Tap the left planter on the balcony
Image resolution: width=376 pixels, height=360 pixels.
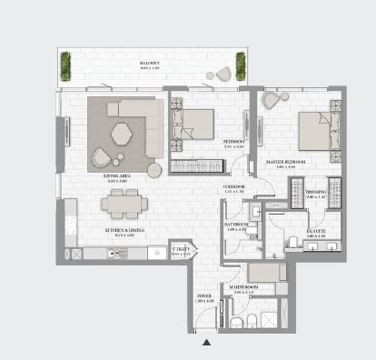[x=65, y=65]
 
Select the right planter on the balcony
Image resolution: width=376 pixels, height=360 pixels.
[x=241, y=65]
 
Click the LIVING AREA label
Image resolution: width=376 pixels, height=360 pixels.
[x=118, y=178]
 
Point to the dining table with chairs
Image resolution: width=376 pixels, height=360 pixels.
[x=120, y=204]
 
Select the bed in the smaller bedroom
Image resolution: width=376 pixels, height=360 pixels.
[x=193, y=123]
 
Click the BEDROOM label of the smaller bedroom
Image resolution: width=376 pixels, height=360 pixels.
[x=234, y=142]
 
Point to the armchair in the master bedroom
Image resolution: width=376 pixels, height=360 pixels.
[x=273, y=101]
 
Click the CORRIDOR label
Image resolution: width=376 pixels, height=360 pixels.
[x=235, y=189]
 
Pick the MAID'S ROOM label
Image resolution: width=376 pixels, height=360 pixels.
[x=243, y=287]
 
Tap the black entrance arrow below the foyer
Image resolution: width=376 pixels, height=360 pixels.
[x=206, y=343]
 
